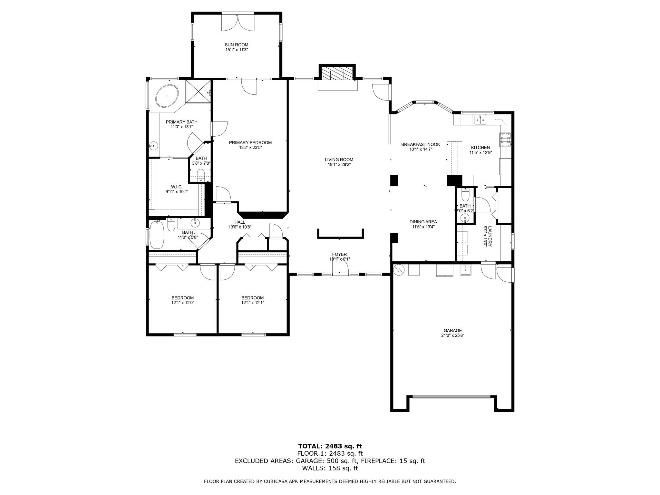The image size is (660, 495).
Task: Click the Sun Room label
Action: [237, 45]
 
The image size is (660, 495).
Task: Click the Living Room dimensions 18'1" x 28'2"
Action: [339, 164]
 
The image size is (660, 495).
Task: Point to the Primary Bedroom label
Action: [250, 142]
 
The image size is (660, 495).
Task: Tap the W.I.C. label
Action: [177, 187]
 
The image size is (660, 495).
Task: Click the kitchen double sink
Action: [480, 120]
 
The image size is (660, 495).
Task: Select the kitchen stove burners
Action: [506, 140]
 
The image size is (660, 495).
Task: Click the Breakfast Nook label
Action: [421, 144]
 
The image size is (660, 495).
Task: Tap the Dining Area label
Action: [423, 222]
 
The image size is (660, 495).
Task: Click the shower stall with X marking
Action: [198, 92]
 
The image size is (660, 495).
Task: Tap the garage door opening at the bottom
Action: [452, 397]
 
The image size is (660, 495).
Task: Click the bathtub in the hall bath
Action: [157, 234]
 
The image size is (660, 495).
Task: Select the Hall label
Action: [240, 222]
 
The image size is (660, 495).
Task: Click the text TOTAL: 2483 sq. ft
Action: [330, 446]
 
